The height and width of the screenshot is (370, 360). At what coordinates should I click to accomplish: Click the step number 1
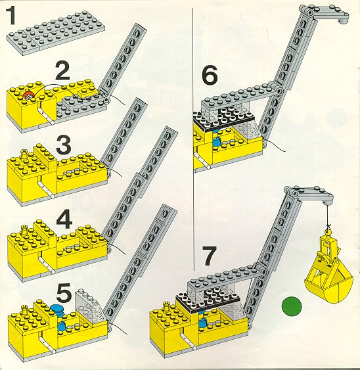tap(11, 16)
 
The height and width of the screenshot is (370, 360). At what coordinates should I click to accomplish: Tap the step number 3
tap(64, 144)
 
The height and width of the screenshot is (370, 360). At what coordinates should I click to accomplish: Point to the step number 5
tap(64, 293)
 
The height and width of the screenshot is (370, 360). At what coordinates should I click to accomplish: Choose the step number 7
tap(210, 256)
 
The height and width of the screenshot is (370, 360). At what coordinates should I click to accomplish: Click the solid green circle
tap(292, 306)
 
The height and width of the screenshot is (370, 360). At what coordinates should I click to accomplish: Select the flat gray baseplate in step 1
tap(56, 34)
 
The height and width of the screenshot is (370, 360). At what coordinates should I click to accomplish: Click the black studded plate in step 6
tap(224, 118)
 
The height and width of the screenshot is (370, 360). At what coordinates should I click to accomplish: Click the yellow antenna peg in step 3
tap(24, 153)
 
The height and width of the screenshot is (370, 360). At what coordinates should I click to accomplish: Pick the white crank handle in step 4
tap(47, 266)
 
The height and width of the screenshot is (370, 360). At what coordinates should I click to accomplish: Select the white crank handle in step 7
tap(189, 342)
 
